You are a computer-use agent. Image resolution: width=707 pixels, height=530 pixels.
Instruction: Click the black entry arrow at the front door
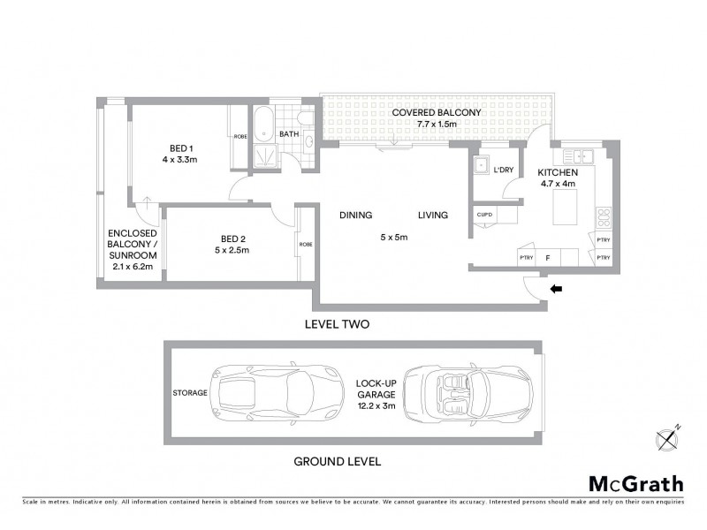(x=556, y=288)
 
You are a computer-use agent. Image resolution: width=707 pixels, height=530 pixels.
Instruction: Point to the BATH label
(x=289, y=134)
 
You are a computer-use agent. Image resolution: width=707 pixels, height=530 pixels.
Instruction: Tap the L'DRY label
(x=504, y=170)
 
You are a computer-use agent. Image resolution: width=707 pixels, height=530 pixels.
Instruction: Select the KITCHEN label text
(x=559, y=172)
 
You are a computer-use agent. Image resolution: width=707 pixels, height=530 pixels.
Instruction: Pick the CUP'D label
(x=483, y=215)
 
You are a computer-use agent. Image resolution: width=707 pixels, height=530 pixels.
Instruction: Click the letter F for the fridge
(x=548, y=257)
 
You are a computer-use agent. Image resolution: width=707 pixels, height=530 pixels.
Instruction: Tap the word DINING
(x=355, y=215)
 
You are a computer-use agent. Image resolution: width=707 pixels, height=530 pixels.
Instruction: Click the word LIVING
(x=433, y=215)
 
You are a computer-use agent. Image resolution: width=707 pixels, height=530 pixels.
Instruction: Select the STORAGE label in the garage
(x=190, y=392)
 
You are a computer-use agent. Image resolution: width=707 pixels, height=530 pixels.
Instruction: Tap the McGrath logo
(x=635, y=483)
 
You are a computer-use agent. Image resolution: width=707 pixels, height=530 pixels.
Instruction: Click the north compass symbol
(x=666, y=437)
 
